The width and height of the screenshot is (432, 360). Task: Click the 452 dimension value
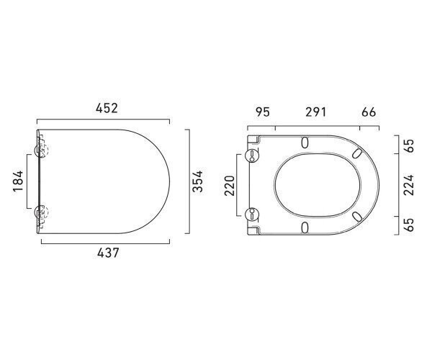[x=107, y=108]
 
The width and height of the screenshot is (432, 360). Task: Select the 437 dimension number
[x=108, y=253]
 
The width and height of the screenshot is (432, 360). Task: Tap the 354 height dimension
[x=198, y=181]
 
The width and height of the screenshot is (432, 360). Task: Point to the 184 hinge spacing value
[x=18, y=181]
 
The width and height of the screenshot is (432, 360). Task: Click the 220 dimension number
[x=230, y=186]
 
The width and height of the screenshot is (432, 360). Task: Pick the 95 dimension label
[x=263, y=112]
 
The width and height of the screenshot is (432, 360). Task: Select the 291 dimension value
[x=316, y=112]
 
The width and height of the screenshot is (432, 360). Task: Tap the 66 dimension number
[x=369, y=112]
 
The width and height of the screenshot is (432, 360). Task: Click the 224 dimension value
[x=409, y=185]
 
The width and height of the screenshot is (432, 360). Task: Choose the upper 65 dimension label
[x=409, y=146]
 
